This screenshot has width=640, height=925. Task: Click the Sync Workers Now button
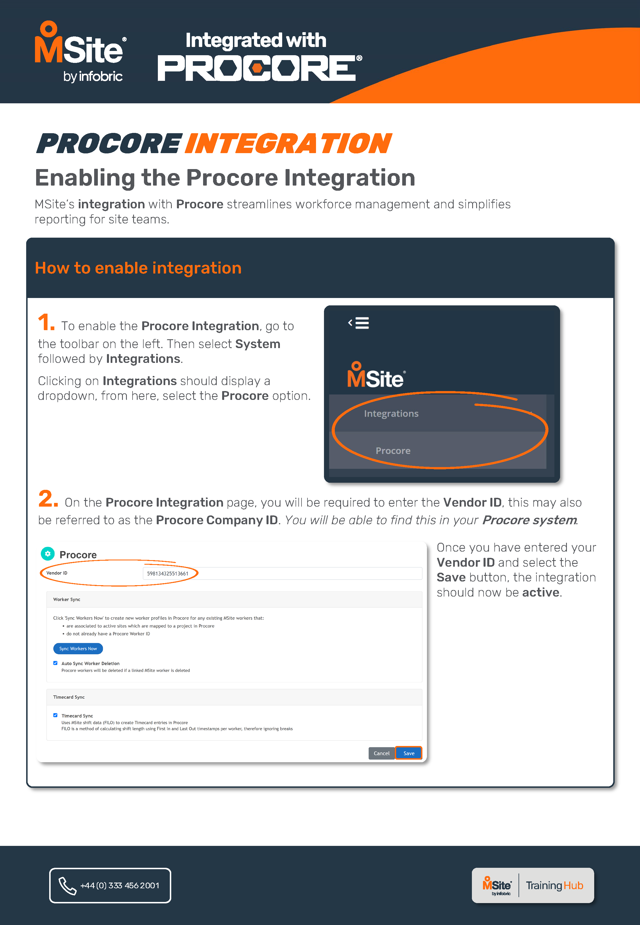pos(78,648)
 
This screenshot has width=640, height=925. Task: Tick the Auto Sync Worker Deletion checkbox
pos(55,663)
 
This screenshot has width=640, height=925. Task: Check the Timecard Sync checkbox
pos(55,715)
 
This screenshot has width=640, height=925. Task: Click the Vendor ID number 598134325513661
pos(168,573)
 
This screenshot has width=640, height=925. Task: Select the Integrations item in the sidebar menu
pos(391,414)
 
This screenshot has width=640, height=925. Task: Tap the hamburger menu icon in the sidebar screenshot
pos(362,323)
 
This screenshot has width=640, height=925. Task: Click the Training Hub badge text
pos(554,885)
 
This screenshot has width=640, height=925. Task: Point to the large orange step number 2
pos(48,499)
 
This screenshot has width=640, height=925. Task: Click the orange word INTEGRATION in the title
pos(288,144)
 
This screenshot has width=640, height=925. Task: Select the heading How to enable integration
pos(138,268)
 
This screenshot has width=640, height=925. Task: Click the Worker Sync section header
pos(67,599)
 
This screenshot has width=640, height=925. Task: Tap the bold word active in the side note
pos(540,592)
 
